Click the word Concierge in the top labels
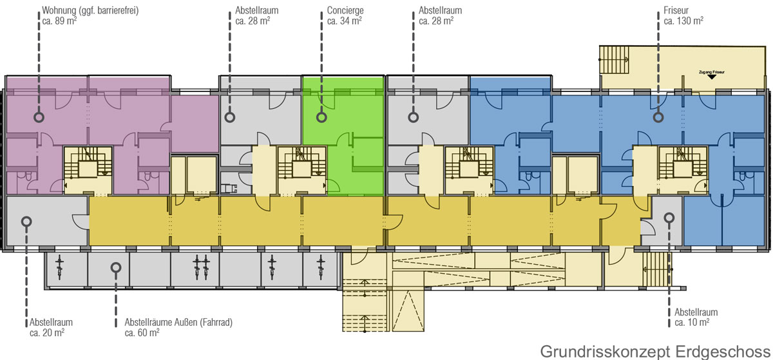(345, 10)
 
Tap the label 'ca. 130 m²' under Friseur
(683, 21)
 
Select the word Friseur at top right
(676, 10)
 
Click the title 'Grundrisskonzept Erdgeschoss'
(655, 352)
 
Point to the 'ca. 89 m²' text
(59, 21)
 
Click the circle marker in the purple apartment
(39, 117)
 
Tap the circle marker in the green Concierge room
(321, 117)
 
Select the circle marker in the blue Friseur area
(658, 117)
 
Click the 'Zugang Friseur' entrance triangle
(712, 77)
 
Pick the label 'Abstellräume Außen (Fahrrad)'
(178, 323)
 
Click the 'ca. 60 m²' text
(142, 333)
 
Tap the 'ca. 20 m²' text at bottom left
(47, 333)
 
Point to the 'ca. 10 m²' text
(692, 323)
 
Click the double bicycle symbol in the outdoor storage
(201, 267)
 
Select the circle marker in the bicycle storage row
(116, 267)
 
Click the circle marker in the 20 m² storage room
(26, 222)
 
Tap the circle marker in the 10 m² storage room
(669, 218)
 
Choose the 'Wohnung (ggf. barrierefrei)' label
(90, 10)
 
